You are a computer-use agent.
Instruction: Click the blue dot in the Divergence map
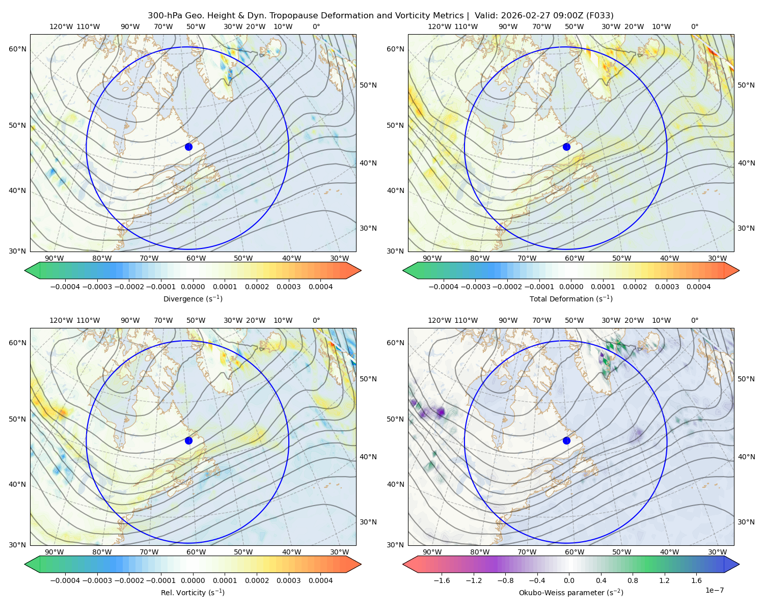click(x=188, y=147)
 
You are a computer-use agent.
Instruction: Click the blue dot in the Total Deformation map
click(x=566, y=147)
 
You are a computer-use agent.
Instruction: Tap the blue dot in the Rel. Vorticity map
click(x=188, y=440)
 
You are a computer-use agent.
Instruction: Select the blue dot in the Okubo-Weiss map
click(x=566, y=440)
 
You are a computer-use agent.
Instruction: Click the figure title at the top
click(x=380, y=16)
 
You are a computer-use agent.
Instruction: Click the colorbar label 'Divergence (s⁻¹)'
click(x=193, y=298)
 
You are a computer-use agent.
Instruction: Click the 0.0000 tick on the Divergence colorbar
click(x=193, y=287)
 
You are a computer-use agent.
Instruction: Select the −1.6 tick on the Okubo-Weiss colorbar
click(x=442, y=580)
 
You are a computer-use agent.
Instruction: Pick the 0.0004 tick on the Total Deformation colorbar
click(x=698, y=287)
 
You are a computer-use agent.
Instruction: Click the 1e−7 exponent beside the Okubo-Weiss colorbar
click(x=714, y=590)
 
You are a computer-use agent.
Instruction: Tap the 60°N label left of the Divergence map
click(x=17, y=49)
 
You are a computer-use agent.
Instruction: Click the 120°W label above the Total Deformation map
click(x=439, y=26)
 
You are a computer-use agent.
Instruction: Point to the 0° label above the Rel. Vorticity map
click(x=316, y=320)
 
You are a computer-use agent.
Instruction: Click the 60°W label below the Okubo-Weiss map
click(x=574, y=552)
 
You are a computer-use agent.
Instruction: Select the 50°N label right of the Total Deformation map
click(x=746, y=85)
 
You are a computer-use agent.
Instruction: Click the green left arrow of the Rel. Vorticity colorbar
click(x=32, y=564)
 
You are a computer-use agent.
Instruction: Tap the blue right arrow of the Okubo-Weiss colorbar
click(x=732, y=564)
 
